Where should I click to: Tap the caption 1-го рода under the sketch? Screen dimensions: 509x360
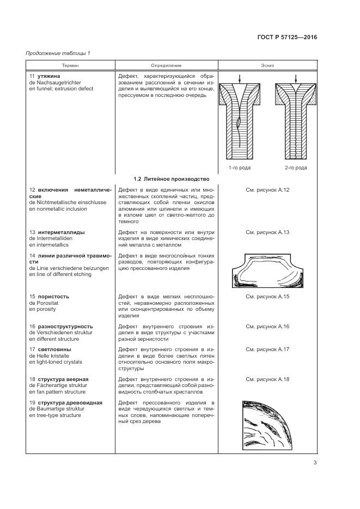click(x=239, y=168)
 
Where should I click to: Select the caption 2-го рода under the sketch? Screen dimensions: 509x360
click(x=295, y=168)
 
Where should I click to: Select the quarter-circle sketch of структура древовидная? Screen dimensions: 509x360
click(x=266, y=426)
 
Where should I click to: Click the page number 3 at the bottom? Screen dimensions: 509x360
click(x=315, y=463)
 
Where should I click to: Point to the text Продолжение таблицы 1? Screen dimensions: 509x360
click(x=58, y=53)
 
